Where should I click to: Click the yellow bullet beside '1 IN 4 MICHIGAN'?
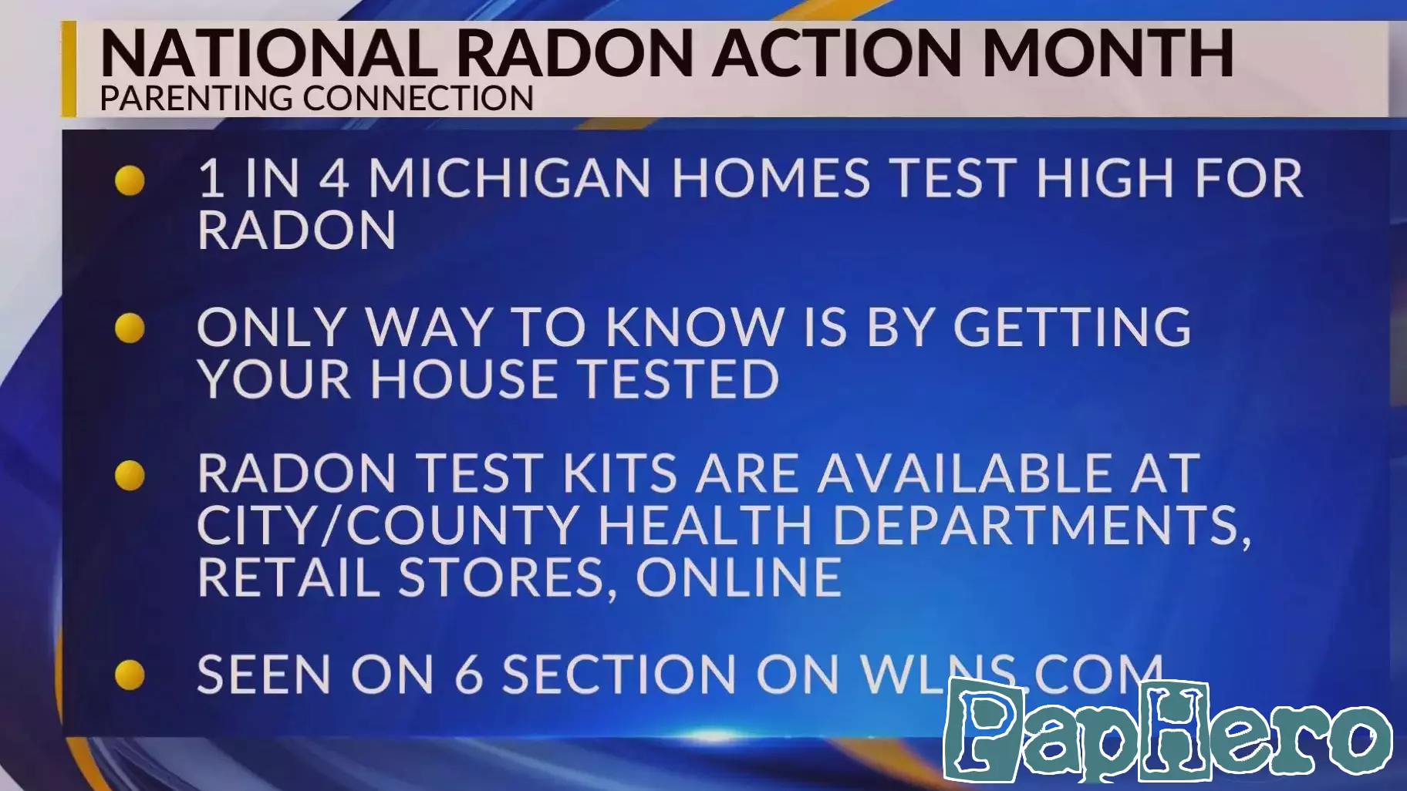(x=130, y=180)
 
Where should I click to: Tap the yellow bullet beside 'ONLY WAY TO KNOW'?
(x=130, y=328)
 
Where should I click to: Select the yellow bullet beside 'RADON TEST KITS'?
(x=130, y=475)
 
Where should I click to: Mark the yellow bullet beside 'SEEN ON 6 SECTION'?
(x=130, y=675)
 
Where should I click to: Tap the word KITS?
(x=620, y=473)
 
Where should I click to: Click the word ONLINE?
(x=738, y=577)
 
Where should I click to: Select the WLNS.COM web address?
(x=1011, y=674)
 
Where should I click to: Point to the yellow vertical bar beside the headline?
(x=69, y=69)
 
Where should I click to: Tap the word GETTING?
(x=1073, y=327)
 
